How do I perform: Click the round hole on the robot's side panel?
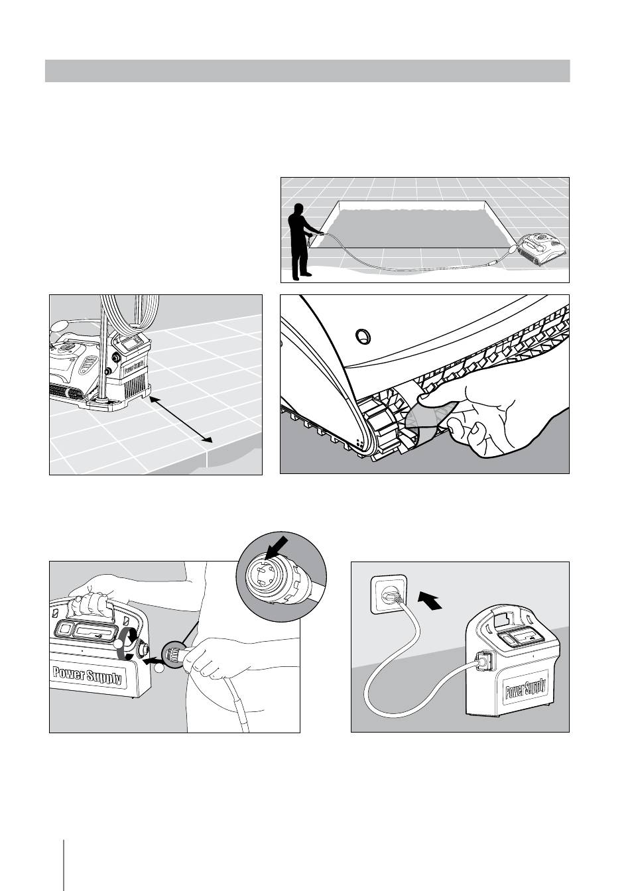(x=362, y=336)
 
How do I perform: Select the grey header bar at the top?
(x=307, y=70)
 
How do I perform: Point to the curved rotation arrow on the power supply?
(x=125, y=646)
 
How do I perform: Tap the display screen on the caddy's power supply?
(x=130, y=343)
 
